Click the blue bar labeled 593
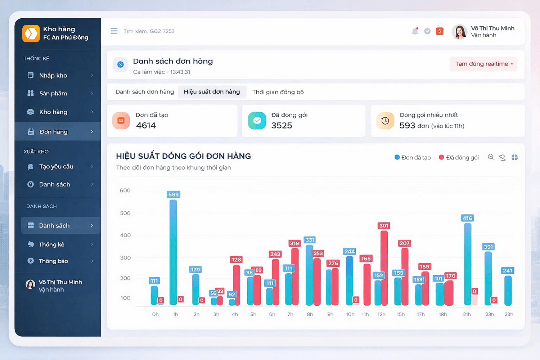173,252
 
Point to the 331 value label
310,240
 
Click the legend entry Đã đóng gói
459,157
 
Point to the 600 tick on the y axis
125,190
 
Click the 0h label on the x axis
155,314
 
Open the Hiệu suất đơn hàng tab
212,92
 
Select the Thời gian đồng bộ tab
278,92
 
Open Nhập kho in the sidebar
53,76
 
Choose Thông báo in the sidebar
53,261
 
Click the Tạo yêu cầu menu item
56,167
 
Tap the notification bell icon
415,31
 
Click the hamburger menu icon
114,31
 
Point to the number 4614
146,126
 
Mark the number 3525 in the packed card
282,126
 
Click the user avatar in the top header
459,32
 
